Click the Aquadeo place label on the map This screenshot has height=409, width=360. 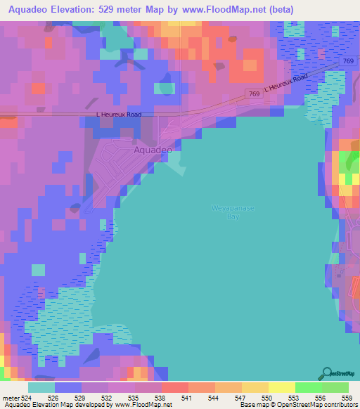153,150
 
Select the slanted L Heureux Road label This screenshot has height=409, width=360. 286,85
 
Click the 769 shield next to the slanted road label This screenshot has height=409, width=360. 253,93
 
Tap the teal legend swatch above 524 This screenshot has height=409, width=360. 41,387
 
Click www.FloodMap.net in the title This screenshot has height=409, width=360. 216,9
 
